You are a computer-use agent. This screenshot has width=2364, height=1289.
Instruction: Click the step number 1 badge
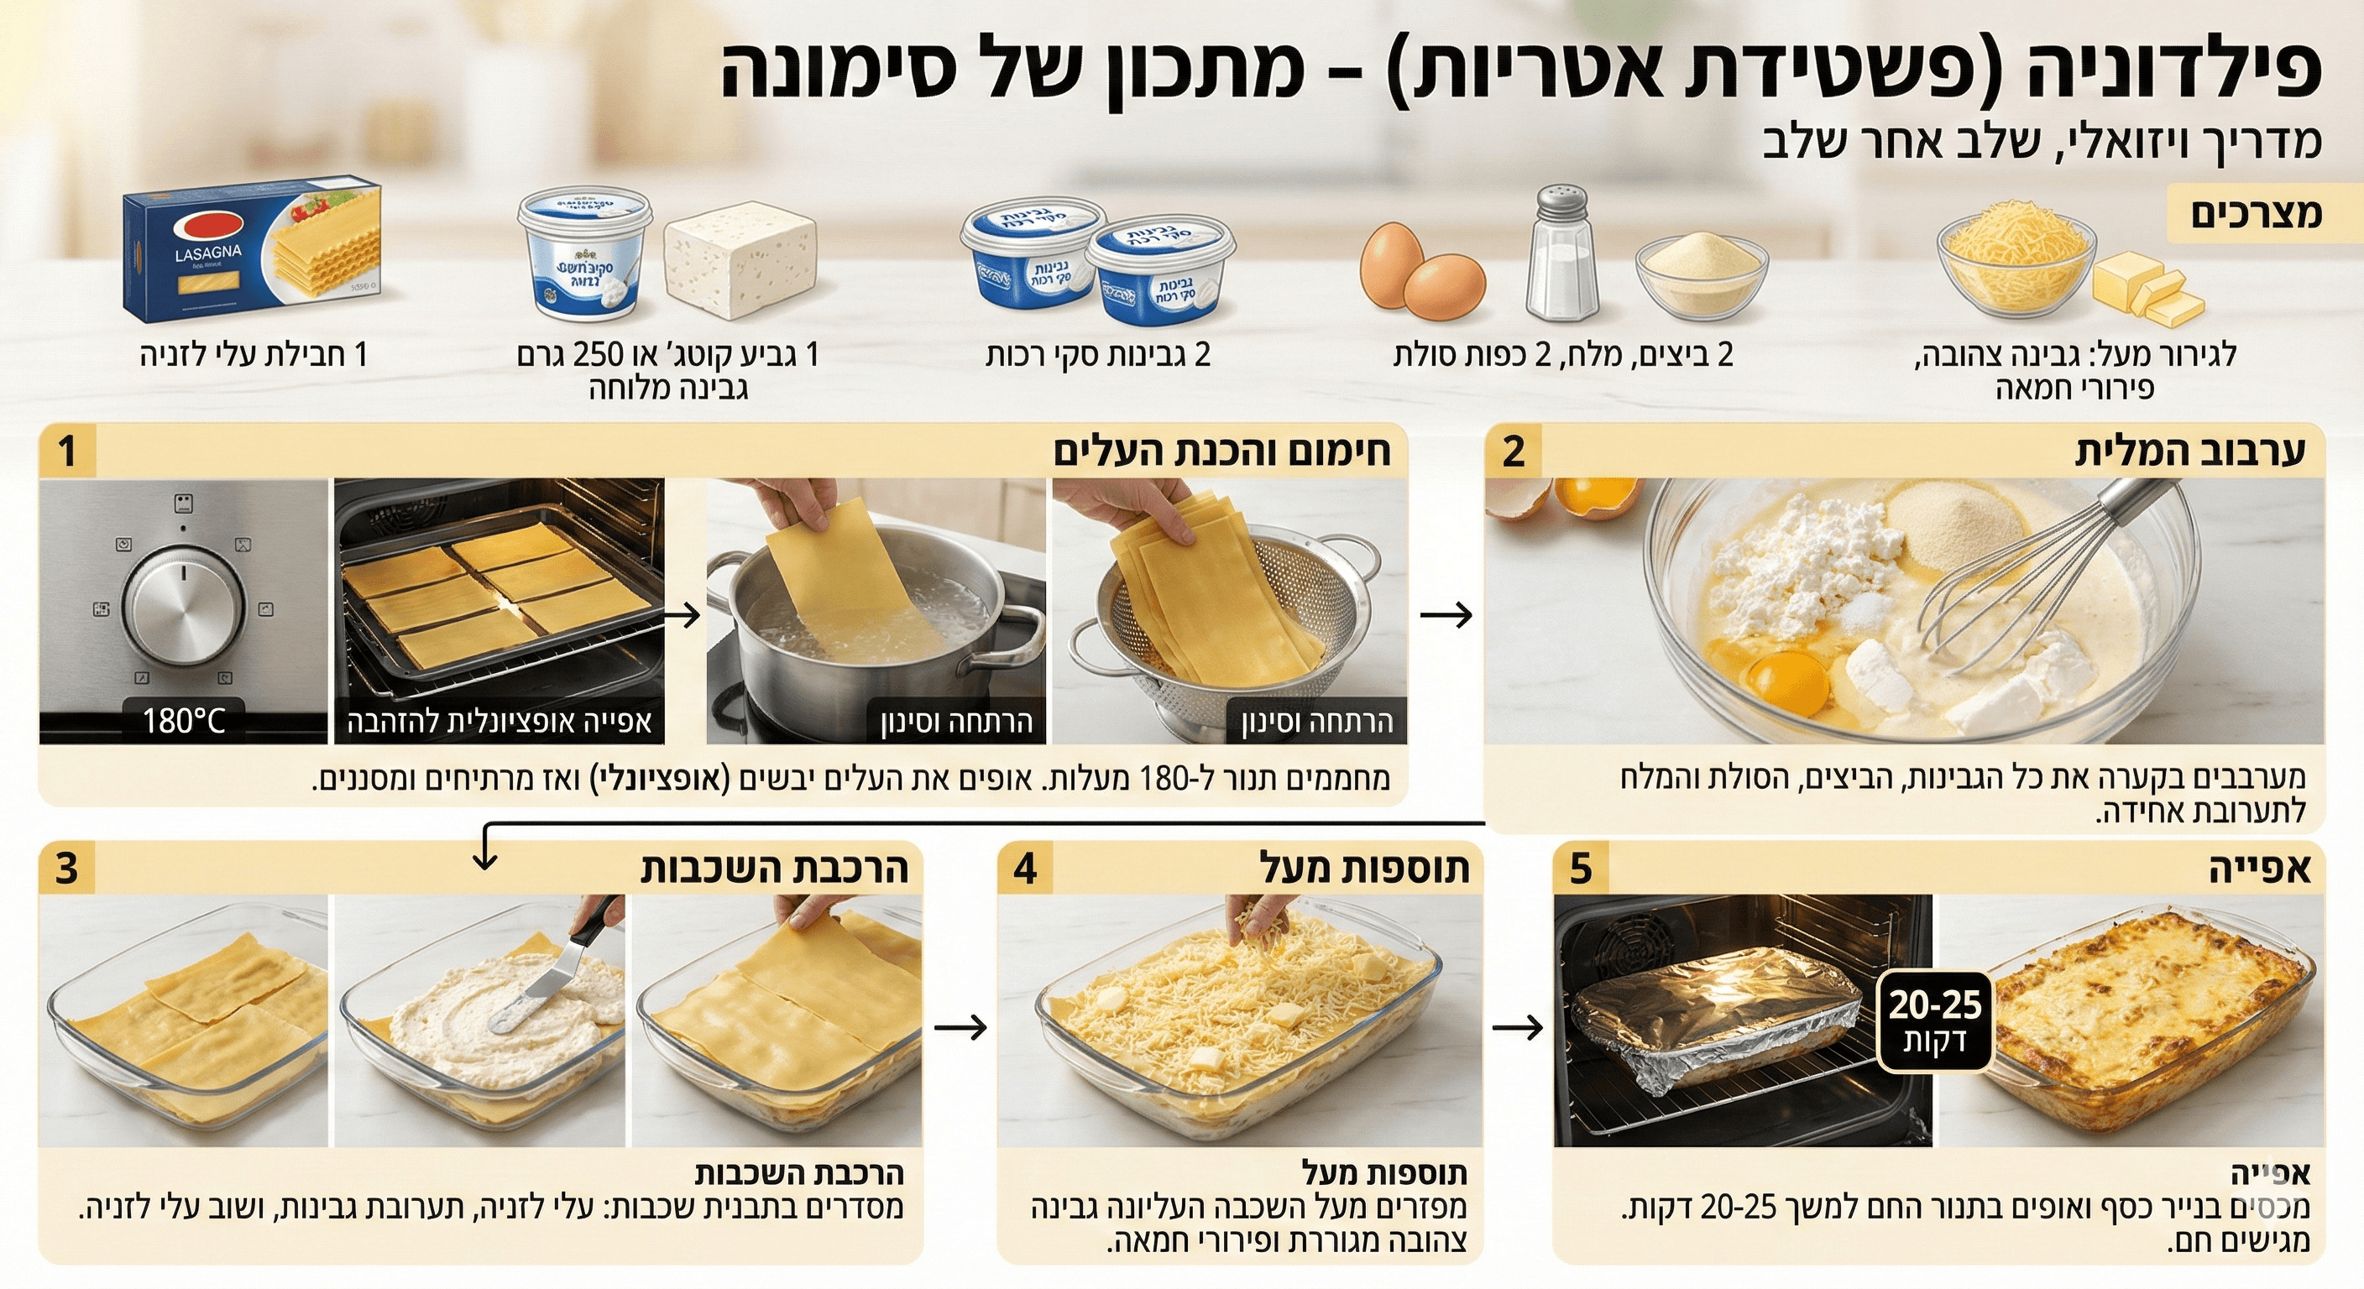(x=68, y=451)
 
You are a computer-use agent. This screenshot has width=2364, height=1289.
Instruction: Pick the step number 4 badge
(x=1025, y=868)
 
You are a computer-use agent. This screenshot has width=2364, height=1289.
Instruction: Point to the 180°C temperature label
(x=184, y=721)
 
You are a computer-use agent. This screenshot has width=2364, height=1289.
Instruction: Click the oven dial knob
(x=185, y=606)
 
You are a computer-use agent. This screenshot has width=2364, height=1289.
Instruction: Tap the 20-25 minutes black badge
(x=1935, y=1021)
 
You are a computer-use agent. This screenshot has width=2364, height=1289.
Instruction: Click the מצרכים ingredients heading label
(x=2255, y=213)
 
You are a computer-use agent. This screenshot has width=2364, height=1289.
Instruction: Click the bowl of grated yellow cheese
(x=2016, y=262)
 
